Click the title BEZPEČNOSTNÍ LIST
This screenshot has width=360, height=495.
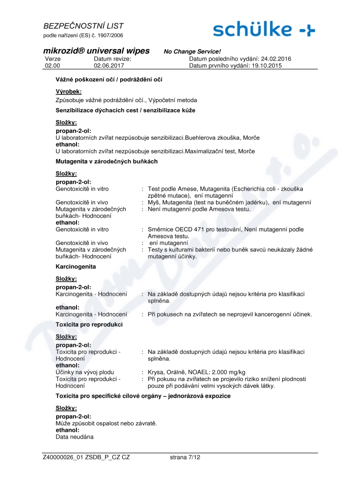[83, 26]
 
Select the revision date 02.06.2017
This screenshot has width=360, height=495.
[109, 66]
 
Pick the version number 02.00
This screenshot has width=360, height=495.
[53, 66]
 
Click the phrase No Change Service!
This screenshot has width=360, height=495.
[192, 52]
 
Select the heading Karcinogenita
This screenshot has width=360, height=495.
[76, 266]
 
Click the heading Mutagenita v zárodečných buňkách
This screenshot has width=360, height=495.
[107, 161]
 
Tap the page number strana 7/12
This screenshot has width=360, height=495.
[185, 457]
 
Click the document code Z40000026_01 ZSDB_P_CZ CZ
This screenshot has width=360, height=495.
[86, 457]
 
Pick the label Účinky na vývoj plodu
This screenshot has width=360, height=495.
[85, 372]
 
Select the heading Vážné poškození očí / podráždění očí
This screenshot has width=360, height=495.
[109, 79]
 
